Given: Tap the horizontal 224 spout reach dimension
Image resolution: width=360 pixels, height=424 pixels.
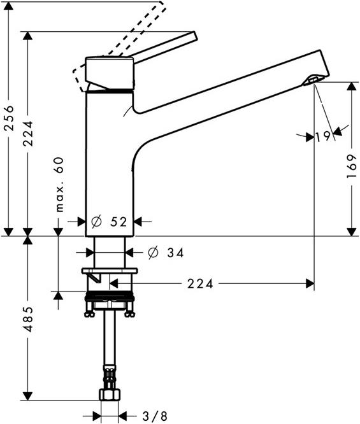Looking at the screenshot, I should [x=201, y=282].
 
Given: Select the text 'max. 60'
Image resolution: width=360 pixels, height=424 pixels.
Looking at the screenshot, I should [x=59, y=185].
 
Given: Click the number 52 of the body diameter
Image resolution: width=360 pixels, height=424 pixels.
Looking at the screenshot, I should [x=118, y=222].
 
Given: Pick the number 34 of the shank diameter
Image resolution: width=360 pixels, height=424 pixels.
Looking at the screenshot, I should [x=175, y=253].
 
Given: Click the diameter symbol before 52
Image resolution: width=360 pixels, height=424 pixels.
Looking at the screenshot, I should [x=96, y=222].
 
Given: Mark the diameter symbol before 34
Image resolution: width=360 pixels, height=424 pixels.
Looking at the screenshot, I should [x=153, y=253].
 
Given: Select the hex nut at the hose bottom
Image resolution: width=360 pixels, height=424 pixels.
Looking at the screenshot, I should [x=110, y=395].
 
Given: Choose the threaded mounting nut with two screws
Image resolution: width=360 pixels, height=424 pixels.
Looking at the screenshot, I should [x=110, y=304].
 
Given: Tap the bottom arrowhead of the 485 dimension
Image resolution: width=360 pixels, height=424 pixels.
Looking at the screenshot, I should [x=27, y=396].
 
